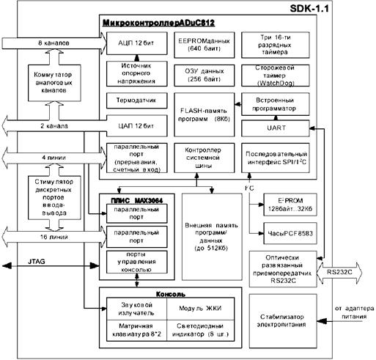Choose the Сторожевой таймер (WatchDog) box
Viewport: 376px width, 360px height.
pyautogui.click(x=278, y=75)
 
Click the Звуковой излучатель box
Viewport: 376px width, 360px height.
pyautogui.click(x=132, y=309)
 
